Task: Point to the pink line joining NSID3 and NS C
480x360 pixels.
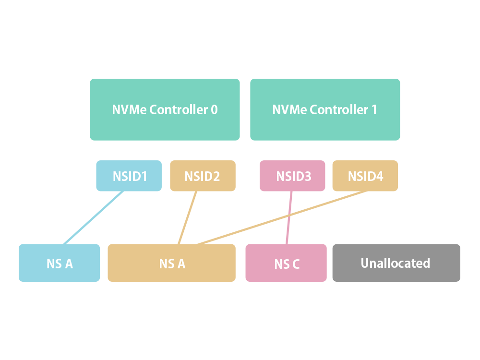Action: (x=289, y=218)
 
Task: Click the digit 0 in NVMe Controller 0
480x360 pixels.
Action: (x=214, y=110)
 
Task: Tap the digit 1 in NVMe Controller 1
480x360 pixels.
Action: (x=374, y=110)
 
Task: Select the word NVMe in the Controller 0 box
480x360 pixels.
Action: (x=129, y=110)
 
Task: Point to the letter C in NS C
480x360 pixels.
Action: (x=296, y=264)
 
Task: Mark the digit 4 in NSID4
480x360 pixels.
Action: (x=379, y=177)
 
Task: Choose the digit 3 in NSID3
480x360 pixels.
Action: (x=308, y=177)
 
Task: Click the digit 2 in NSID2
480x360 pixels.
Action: (x=216, y=177)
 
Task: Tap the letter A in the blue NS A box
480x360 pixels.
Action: (x=69, y=264)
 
